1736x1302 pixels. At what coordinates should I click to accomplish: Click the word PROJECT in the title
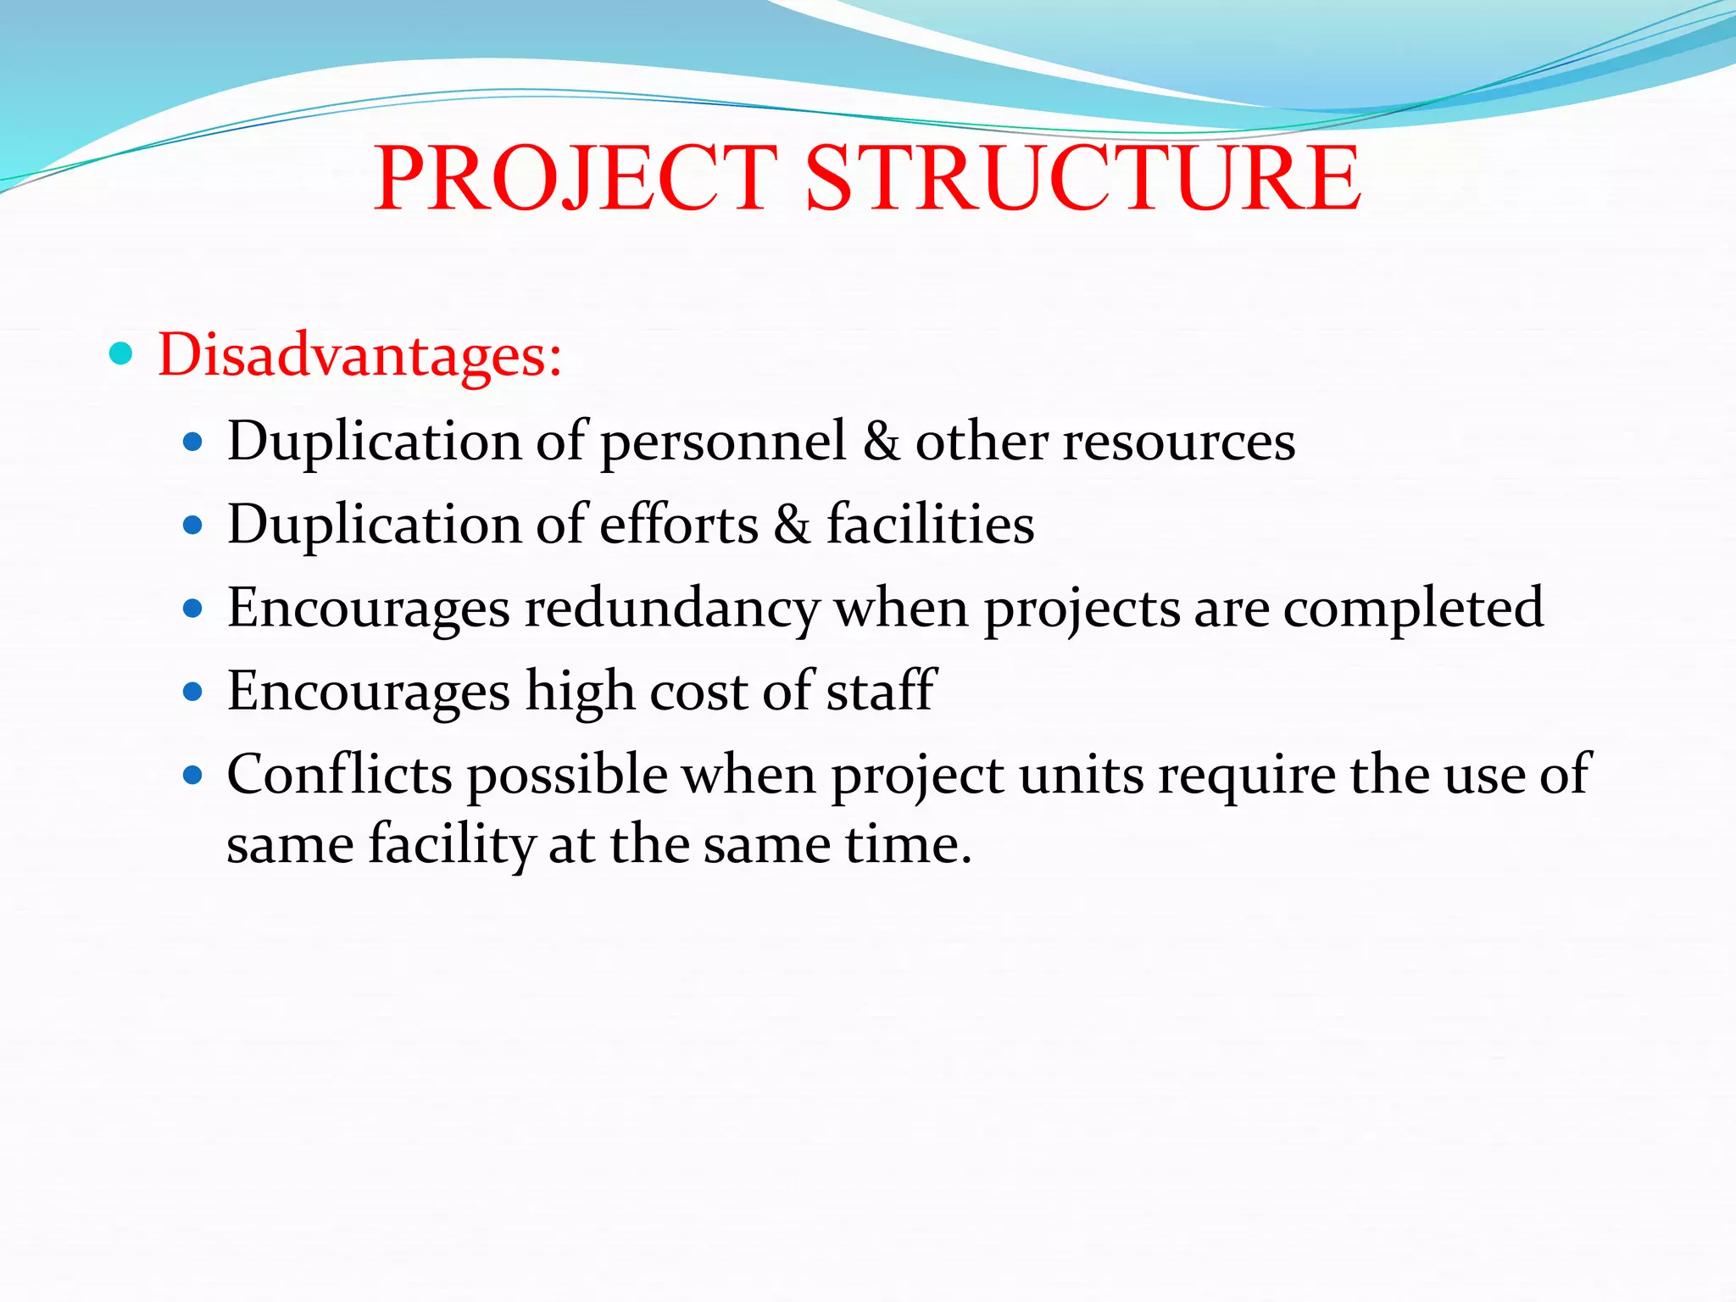[x=575, y=178]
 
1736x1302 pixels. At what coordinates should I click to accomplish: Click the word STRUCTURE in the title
[x=1082, y=178]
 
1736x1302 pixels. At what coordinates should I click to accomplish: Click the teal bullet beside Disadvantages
[x=121, y=353]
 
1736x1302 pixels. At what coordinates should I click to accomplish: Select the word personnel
[x=723, y=442]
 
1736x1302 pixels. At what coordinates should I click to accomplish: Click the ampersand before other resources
[x=882, y=442]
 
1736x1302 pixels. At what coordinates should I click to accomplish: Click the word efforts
[x=678, y=524]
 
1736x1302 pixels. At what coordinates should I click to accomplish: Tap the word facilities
[x=930, y=524]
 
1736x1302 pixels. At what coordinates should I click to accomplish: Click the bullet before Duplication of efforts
[x=193, y=525]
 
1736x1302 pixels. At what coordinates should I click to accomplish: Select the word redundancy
[x=671, y=609]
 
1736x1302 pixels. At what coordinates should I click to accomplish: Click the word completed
[x=1413, y=609]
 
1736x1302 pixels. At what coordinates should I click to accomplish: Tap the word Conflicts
[x=339, y=774]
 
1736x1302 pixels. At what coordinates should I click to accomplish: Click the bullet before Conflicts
[x=193, y=774]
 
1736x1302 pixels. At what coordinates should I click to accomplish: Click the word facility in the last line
[x=451, y=845]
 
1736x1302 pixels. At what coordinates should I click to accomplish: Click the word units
[x=1081, y=774]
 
